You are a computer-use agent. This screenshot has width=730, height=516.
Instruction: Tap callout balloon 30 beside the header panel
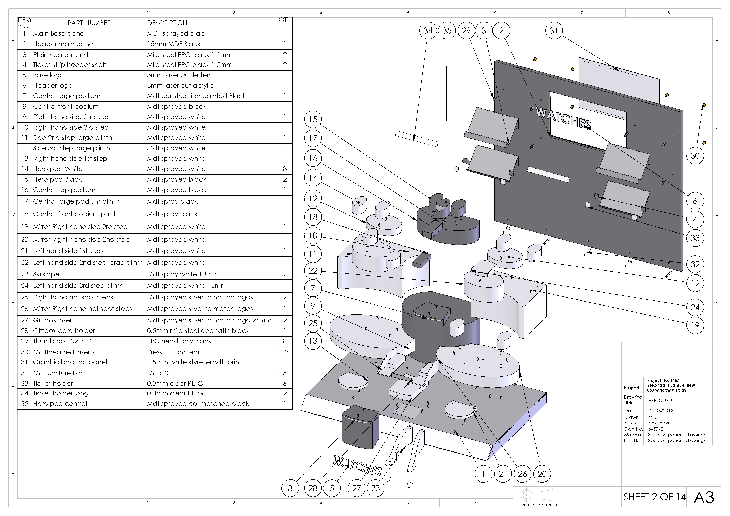695,156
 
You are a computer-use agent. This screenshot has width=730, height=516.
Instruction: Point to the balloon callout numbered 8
290,488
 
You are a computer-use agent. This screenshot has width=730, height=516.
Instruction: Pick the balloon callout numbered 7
313,288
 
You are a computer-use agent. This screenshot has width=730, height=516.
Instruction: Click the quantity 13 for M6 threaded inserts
285,352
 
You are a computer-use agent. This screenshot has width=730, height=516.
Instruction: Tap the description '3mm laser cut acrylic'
180,85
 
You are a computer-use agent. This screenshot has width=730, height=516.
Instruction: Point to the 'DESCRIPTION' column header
167,23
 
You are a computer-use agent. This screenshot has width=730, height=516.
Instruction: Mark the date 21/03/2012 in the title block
661,410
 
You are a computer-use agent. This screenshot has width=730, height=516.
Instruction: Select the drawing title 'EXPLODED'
660,401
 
